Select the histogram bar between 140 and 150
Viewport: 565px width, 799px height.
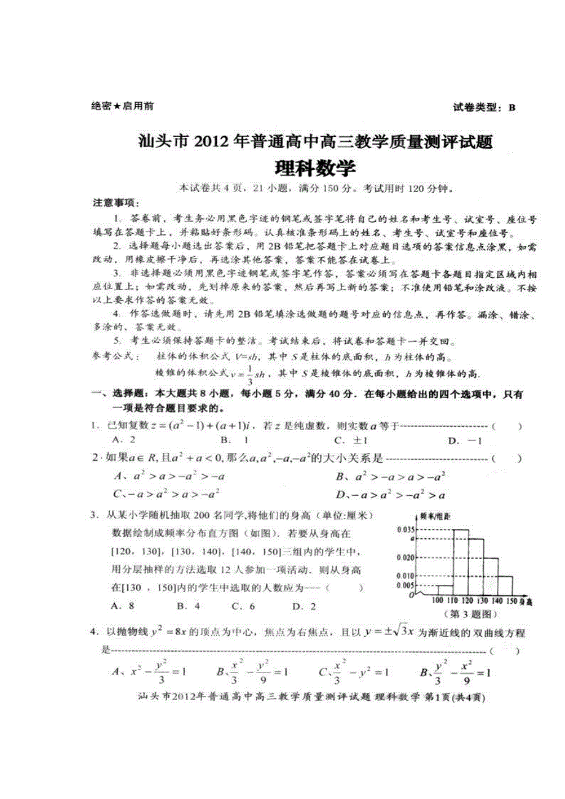504,585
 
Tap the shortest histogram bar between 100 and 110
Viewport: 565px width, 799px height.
445,590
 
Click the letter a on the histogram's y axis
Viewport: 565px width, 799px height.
413,538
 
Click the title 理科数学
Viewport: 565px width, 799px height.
315,168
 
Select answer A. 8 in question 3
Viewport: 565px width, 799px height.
123,606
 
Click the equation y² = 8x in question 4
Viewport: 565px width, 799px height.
176,632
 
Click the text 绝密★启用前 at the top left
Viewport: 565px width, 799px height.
122,106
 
